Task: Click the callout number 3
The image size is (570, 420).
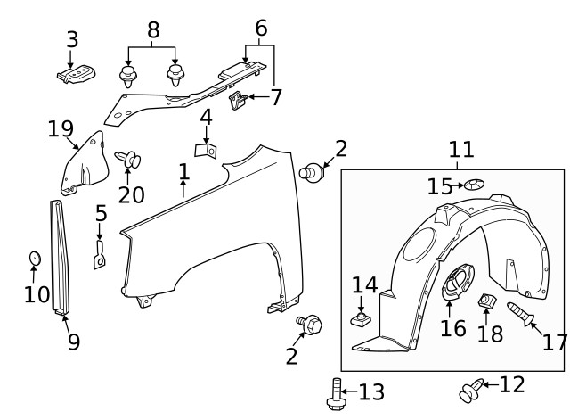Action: [x=72, y=39]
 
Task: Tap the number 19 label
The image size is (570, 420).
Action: [x=61, y=130]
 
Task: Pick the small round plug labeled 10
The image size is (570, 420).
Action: [x=34, y=258]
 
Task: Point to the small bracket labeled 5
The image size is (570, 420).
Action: [x=101, y=255]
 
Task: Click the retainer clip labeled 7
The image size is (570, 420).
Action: [x=238, y=103]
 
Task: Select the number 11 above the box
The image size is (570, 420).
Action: [x=461, y=149]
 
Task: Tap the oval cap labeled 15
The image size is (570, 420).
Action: [x=474, y=185]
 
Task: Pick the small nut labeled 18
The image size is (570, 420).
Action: [x=488, y=304]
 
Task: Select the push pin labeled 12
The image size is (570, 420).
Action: [x=469, y=390]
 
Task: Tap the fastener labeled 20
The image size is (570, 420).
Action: [x=129, y=161]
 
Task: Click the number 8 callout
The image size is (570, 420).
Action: [x=153, y=30]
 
